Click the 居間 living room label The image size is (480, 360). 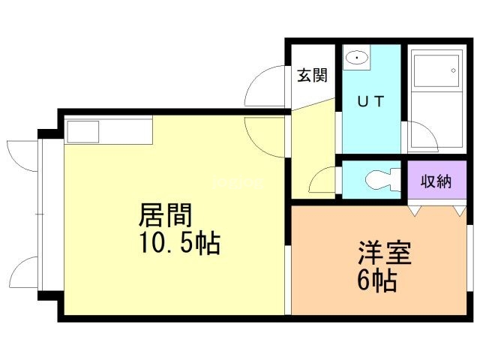(166, 216)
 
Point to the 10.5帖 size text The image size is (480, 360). (178, 244)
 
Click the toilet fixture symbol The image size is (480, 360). (381, 179)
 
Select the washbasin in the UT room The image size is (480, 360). (358, 58)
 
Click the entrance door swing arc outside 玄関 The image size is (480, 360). (262, 88)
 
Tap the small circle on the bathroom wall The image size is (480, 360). (453, 72)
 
